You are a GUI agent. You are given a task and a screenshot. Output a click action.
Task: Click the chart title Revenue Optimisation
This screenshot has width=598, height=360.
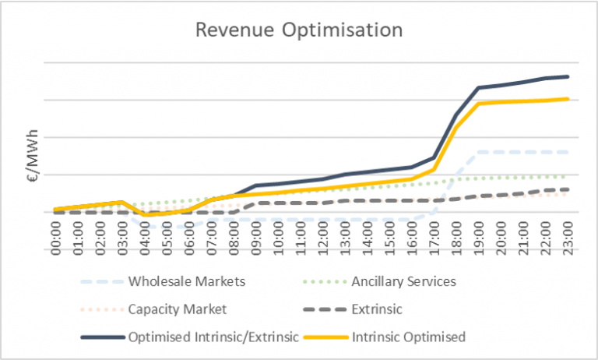299,30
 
